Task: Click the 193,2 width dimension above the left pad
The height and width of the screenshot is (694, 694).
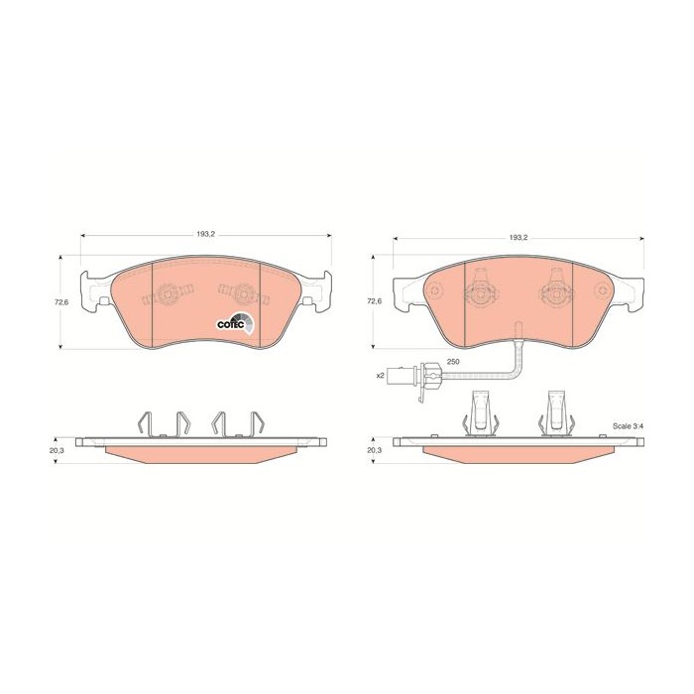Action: (206, 235)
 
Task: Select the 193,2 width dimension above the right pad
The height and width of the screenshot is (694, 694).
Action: (519, 238)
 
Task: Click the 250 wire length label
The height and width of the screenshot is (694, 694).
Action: (453, 362)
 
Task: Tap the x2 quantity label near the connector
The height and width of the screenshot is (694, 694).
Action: (380, 376)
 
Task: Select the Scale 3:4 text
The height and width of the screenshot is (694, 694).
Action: (628, 426)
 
